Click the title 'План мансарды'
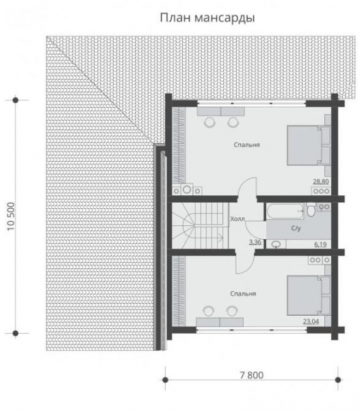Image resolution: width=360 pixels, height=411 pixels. click(207, 18)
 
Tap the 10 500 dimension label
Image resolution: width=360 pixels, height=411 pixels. click(11, 216)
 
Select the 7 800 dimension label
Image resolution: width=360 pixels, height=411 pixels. click(251, 375)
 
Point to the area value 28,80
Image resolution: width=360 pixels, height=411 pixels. click(321, 182)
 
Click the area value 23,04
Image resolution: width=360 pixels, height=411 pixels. click(311, 321)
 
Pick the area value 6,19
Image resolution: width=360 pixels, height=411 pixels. click(320, 245)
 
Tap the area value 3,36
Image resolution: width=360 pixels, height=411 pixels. click(255, 242)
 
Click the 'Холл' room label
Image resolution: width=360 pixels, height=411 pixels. click(237, 219)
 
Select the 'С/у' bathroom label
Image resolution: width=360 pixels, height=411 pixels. click(296, 228)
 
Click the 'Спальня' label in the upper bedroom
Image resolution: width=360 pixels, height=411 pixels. click(246, 145)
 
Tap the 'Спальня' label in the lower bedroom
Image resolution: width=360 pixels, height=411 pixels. click(243, 294)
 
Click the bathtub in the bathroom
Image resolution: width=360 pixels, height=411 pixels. click(285, 212)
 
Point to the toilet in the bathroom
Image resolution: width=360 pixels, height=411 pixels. click(311, 210)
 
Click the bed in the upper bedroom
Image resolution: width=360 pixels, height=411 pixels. click(309, 145)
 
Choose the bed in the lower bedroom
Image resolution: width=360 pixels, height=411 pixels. click(309, 295)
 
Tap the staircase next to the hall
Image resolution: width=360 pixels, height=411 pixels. click(200, 226)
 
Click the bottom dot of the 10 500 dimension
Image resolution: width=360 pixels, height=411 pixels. click(16, 334)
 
